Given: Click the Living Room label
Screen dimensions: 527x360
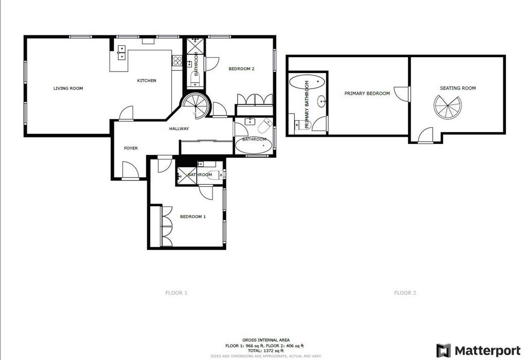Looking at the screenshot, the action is click(x=68, y=88).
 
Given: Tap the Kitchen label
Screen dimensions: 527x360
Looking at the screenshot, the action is click(x=147, y=81).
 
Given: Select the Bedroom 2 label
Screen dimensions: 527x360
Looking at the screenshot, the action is click(x=241, y=69).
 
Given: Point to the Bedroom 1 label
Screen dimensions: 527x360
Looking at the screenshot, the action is click(x=193, y=217).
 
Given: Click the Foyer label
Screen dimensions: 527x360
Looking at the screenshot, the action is click(x=131, y=148).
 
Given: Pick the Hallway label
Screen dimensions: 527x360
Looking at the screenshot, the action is click(x=179, y=129).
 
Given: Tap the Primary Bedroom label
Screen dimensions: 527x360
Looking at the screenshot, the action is click(x=367, y=94).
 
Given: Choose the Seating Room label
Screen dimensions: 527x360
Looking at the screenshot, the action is click(x=458, y=88).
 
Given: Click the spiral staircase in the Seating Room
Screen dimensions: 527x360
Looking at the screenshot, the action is click(x=448, y=107).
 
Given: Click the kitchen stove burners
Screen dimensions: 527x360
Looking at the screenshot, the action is click(x=177, y=61).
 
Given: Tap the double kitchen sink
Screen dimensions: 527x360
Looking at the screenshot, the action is click(x=121, y=53).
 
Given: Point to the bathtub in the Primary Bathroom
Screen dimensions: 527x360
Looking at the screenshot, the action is click(x=307, y=82).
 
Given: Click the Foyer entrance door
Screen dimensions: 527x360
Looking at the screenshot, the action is click(x=130, y=170).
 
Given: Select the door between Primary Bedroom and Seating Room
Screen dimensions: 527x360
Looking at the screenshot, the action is click(x=402, y=94).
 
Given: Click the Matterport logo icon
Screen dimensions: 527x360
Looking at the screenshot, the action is click(x=443, y=351).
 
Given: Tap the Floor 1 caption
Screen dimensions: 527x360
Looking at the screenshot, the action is click(x=176, y=293).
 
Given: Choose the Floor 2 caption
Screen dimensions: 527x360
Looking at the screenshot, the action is click(x=405, y=293).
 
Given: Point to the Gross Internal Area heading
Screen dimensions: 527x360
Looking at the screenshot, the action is click(x=266, y=340).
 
